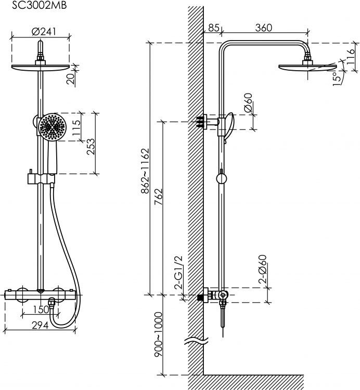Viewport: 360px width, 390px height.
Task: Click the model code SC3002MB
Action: click(x=40, y=5)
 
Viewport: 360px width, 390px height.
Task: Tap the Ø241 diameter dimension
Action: click(x=44, y=32)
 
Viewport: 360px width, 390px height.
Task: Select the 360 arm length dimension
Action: click(x=264, y=28)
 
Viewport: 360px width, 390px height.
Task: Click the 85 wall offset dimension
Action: click(x=214, y=28)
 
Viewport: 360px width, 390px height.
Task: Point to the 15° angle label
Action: click(x=338, y=78)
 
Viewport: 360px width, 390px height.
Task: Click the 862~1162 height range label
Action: click(x=145, y=171)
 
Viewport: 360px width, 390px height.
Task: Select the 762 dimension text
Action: click(x=158, y=197)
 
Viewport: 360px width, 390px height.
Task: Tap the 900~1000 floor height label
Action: click(x=158, y=334)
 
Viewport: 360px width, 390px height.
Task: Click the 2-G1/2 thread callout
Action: click(x=178, y=272)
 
